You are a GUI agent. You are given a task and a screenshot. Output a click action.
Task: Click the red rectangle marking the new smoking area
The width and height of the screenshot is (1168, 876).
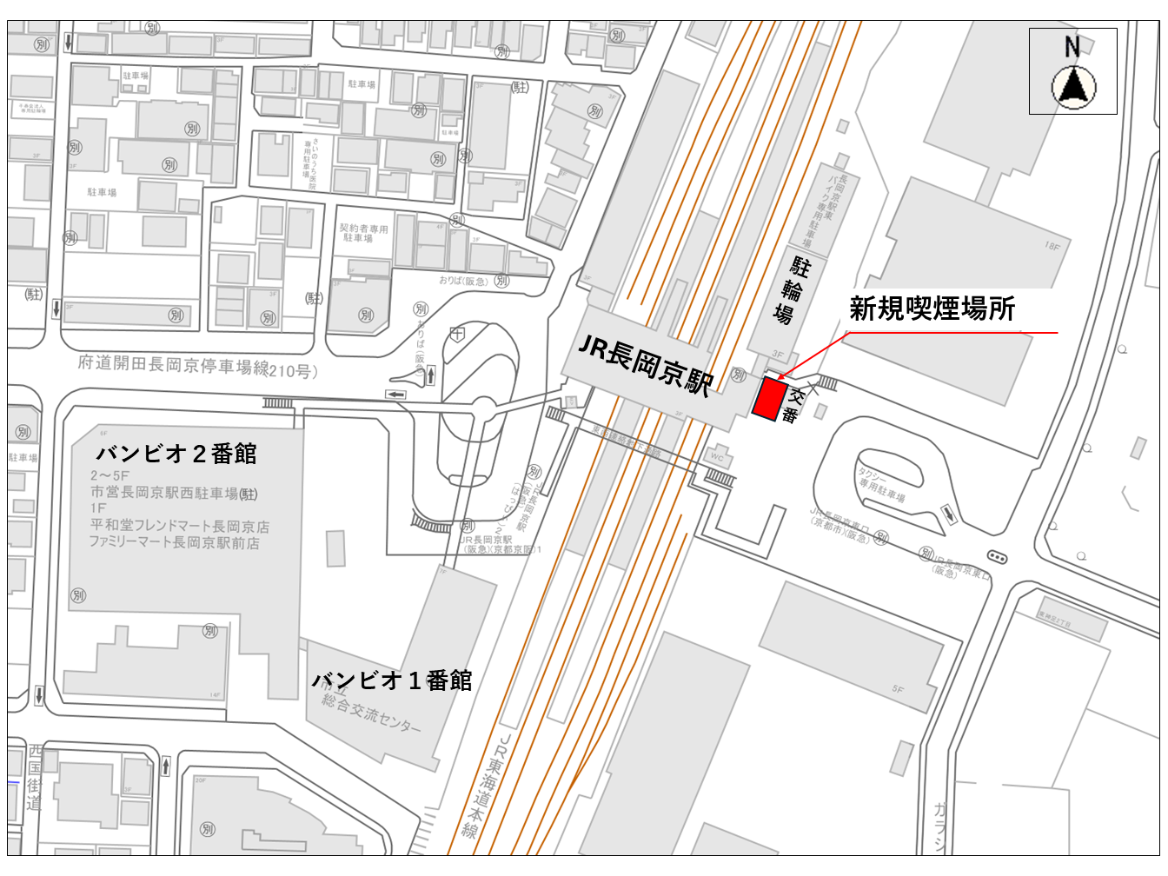pyautogui.click(x=767, y=399)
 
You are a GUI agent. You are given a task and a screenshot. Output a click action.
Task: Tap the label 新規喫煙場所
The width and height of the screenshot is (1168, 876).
pyautogui.click(x=932, y=309)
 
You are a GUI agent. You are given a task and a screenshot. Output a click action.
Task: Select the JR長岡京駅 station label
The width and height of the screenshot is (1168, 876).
pyautogui.click(x=645, y=366)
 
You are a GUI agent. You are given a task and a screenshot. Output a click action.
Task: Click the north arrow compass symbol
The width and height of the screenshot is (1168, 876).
pyautogui.click(x=1073, y=88)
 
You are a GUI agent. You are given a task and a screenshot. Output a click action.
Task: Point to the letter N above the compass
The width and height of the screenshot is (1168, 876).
pyautogui.click(x=1072, y=47)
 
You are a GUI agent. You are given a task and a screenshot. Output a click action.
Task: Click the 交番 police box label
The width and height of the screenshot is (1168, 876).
pyautogui.click(x=793, y=405)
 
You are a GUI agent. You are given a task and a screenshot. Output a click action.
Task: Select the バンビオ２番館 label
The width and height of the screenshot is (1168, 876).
pyautogui.click(x=176, y=454)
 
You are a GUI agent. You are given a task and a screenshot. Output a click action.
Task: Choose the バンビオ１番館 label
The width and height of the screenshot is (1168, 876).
pyautogui.click(x=392, y=680)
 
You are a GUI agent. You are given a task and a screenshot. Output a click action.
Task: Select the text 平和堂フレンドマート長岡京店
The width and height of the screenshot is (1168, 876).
pyautogui.click(x=179, y=527)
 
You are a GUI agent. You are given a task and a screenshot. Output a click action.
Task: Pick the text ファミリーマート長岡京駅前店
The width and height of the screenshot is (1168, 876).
pyautogui.click(x=174, y=543)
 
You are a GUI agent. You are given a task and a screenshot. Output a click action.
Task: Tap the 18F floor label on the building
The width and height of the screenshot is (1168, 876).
pyautogui.click(x=1052, y=246)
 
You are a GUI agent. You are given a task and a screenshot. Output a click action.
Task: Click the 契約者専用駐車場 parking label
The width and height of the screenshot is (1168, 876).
pyautogui.click(x=363, y=233)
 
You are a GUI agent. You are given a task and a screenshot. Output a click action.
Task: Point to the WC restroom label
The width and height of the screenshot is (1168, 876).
pyautogui.click(x=717, y=456)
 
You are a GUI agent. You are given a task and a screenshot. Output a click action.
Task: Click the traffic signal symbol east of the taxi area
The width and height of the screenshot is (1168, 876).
pyautogui.click(x=997, y=557)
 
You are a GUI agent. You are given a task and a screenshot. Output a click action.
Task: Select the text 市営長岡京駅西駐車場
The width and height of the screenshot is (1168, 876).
pyautogui.click(x=165, y=493)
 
